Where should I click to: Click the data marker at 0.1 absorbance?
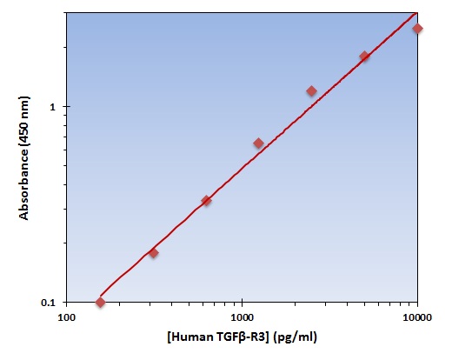coord(100,302)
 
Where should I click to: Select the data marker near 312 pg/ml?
coord(153,253)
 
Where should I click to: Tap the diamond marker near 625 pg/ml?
coord(206,201)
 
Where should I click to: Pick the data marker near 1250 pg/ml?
coord(258,143)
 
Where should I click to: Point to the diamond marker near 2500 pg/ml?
coord(311,91)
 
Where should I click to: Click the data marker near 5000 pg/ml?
coord(364,57)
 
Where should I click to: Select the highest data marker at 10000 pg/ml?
coord(417,29)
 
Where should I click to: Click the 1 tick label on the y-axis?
coord(54,107)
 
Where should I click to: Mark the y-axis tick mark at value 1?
coord(66,107)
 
